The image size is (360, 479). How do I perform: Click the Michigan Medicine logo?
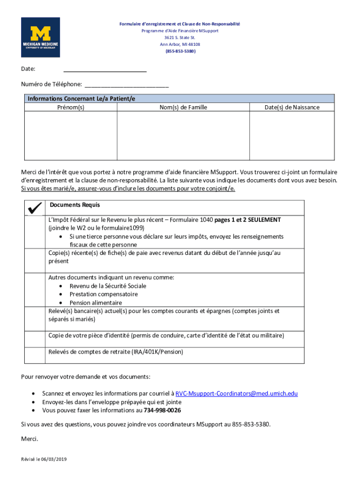[40, 37]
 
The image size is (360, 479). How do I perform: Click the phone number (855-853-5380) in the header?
[180, 51]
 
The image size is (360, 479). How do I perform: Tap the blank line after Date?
[105, 69]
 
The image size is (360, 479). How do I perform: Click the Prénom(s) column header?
[70, 108]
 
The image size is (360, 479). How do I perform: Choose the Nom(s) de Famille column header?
[183, 108]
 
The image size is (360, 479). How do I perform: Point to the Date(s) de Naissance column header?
[292, 108]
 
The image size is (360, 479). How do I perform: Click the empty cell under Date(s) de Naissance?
[292, 136]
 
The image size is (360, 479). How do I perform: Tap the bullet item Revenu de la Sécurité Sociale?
[108, 286]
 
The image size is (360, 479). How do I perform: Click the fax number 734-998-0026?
[163, 411]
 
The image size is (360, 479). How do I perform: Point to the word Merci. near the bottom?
[29, 439]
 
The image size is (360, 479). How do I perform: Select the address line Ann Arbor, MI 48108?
[180, 44]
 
